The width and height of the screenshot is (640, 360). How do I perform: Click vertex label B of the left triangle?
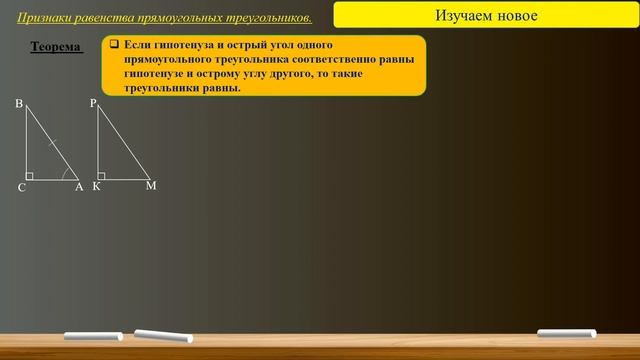19,104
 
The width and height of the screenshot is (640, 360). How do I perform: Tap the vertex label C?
21,187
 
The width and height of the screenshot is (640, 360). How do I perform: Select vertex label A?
79,187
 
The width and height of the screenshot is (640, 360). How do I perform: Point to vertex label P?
93,103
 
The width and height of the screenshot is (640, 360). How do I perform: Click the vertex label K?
97,187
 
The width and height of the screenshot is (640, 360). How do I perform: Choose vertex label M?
151,186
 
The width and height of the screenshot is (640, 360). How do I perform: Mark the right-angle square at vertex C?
30,176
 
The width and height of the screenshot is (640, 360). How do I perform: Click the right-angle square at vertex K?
102,176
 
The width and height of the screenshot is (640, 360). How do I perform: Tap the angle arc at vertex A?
66,173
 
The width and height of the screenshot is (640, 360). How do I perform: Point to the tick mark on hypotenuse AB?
53,142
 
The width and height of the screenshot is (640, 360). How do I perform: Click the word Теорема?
56,47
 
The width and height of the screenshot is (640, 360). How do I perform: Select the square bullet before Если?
115,45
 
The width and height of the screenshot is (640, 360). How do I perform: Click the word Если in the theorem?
139,46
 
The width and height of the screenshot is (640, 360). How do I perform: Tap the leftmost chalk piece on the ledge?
93,336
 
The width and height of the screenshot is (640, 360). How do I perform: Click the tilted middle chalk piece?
162,334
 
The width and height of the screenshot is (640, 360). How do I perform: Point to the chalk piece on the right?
566,333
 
